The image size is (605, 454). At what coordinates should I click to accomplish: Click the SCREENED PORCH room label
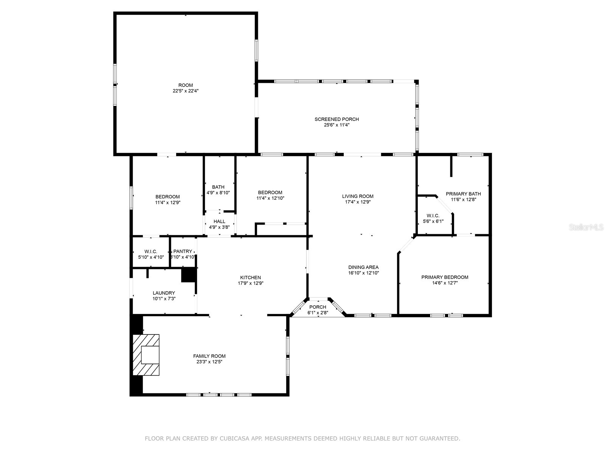(x=337, y=119)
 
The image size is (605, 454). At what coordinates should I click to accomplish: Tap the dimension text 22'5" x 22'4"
(x=185, y=91)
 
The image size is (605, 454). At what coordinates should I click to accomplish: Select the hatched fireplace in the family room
(x=146, y=355)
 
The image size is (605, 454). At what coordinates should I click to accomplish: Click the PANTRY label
(x=183, y=252)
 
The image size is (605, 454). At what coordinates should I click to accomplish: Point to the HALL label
(x=219, y=222)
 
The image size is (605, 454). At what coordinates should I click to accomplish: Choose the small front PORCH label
(x=318, y=307)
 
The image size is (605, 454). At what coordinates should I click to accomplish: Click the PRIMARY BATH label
(x=463, y=194)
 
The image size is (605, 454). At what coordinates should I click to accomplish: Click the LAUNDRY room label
(x=164, y=293)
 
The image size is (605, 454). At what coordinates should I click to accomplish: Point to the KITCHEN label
(x=250, y=277)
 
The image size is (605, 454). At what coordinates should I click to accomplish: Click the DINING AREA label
(x=363, y=267)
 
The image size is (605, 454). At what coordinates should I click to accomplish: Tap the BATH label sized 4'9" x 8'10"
(x=218, y=187)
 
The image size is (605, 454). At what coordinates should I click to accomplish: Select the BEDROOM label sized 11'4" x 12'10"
(x=270, y=193)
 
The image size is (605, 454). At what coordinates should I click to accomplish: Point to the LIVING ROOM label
(x=358, y=196)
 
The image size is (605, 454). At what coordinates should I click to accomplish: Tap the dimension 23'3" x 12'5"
(x=209, y=362)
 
